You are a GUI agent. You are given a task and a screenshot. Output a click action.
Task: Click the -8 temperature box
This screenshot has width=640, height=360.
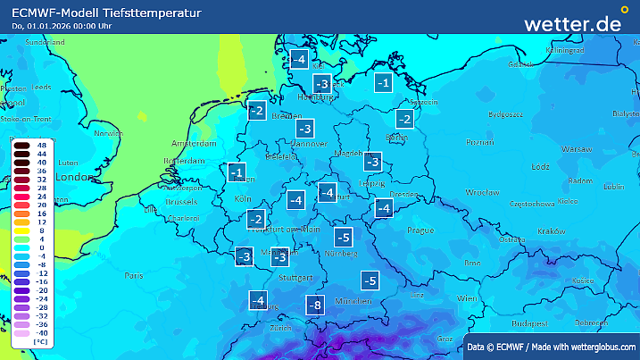pyautogui.click(x=313, y=305)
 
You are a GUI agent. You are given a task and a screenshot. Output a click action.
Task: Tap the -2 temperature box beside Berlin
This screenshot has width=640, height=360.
pyautogui.click(x=404, y=119)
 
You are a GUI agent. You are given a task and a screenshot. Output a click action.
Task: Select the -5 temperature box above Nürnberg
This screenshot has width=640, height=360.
pyautogui.click(x=343, y=237)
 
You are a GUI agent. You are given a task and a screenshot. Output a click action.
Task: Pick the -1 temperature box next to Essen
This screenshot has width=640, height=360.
pyautogui.click(x=237, y=172)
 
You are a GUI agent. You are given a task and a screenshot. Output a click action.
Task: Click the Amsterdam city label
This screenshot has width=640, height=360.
pyautogui.click(x=194, y=143)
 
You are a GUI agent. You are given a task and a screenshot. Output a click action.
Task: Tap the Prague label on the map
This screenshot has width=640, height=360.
pyautogui.click(x=420, y=230)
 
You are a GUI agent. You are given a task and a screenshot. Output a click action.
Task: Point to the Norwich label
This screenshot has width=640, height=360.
pyautogui.click(x=108, y=133)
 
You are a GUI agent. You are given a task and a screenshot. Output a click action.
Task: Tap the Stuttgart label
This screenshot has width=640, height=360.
pyautogui.click(x=296, y=278)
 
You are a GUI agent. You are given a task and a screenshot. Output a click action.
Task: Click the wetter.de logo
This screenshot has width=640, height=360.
pyautogui.click(x=572, y=23)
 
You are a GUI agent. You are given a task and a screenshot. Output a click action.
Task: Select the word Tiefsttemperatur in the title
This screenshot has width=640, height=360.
pyautogui.click(x=151, y=12)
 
